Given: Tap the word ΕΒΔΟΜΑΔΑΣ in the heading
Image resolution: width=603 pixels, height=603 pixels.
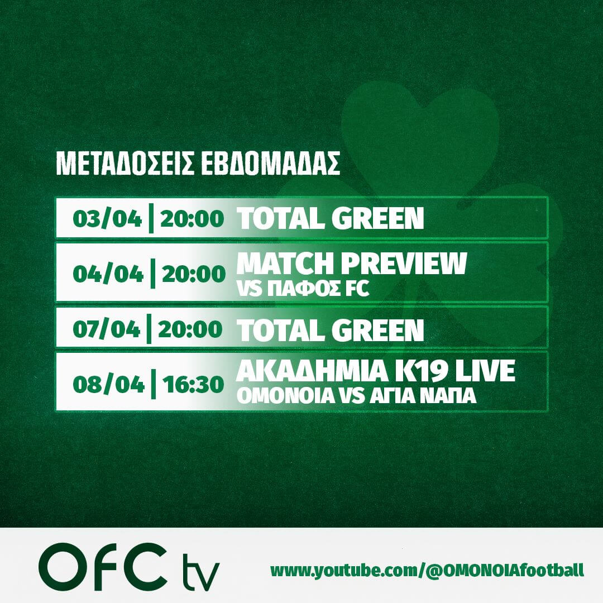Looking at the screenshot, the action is coord(271,164).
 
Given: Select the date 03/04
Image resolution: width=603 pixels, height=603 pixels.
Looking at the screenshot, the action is coord(107,219).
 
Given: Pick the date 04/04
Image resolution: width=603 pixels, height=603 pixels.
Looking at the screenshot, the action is coord(108,274).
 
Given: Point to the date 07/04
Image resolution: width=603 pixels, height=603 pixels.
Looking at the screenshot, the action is coord(107,329).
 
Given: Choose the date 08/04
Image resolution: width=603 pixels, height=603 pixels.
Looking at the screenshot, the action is coord(108,384).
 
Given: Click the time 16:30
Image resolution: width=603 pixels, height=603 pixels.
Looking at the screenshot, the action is coord(193,384).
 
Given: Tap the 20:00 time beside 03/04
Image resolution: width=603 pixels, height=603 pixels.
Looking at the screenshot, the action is coord(192,219).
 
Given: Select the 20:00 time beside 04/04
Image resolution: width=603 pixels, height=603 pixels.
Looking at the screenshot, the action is coord(193,274).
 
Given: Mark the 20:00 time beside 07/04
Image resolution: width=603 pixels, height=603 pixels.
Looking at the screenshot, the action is coord(190,329).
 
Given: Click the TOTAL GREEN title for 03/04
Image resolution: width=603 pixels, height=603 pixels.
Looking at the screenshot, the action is coord(330,218).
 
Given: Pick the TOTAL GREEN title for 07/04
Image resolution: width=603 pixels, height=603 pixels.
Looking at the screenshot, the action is coord(330,331).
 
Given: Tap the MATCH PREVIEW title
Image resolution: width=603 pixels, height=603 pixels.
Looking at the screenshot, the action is coord(352,264).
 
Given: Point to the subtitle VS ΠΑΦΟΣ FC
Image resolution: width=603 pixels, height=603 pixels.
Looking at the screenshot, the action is coord(303,289).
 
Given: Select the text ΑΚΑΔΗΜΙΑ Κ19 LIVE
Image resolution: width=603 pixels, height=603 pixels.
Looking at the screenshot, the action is coord(376,371).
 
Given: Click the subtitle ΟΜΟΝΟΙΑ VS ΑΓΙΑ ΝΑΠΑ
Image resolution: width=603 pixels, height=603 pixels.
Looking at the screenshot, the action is coord(356,396).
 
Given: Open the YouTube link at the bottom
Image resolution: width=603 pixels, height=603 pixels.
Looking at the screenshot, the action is coord(427,571).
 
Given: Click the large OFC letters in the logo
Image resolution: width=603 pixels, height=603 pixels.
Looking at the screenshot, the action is coord(103,567).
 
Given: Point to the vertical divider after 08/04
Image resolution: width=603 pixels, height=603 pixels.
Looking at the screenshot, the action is coord(154,384).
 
